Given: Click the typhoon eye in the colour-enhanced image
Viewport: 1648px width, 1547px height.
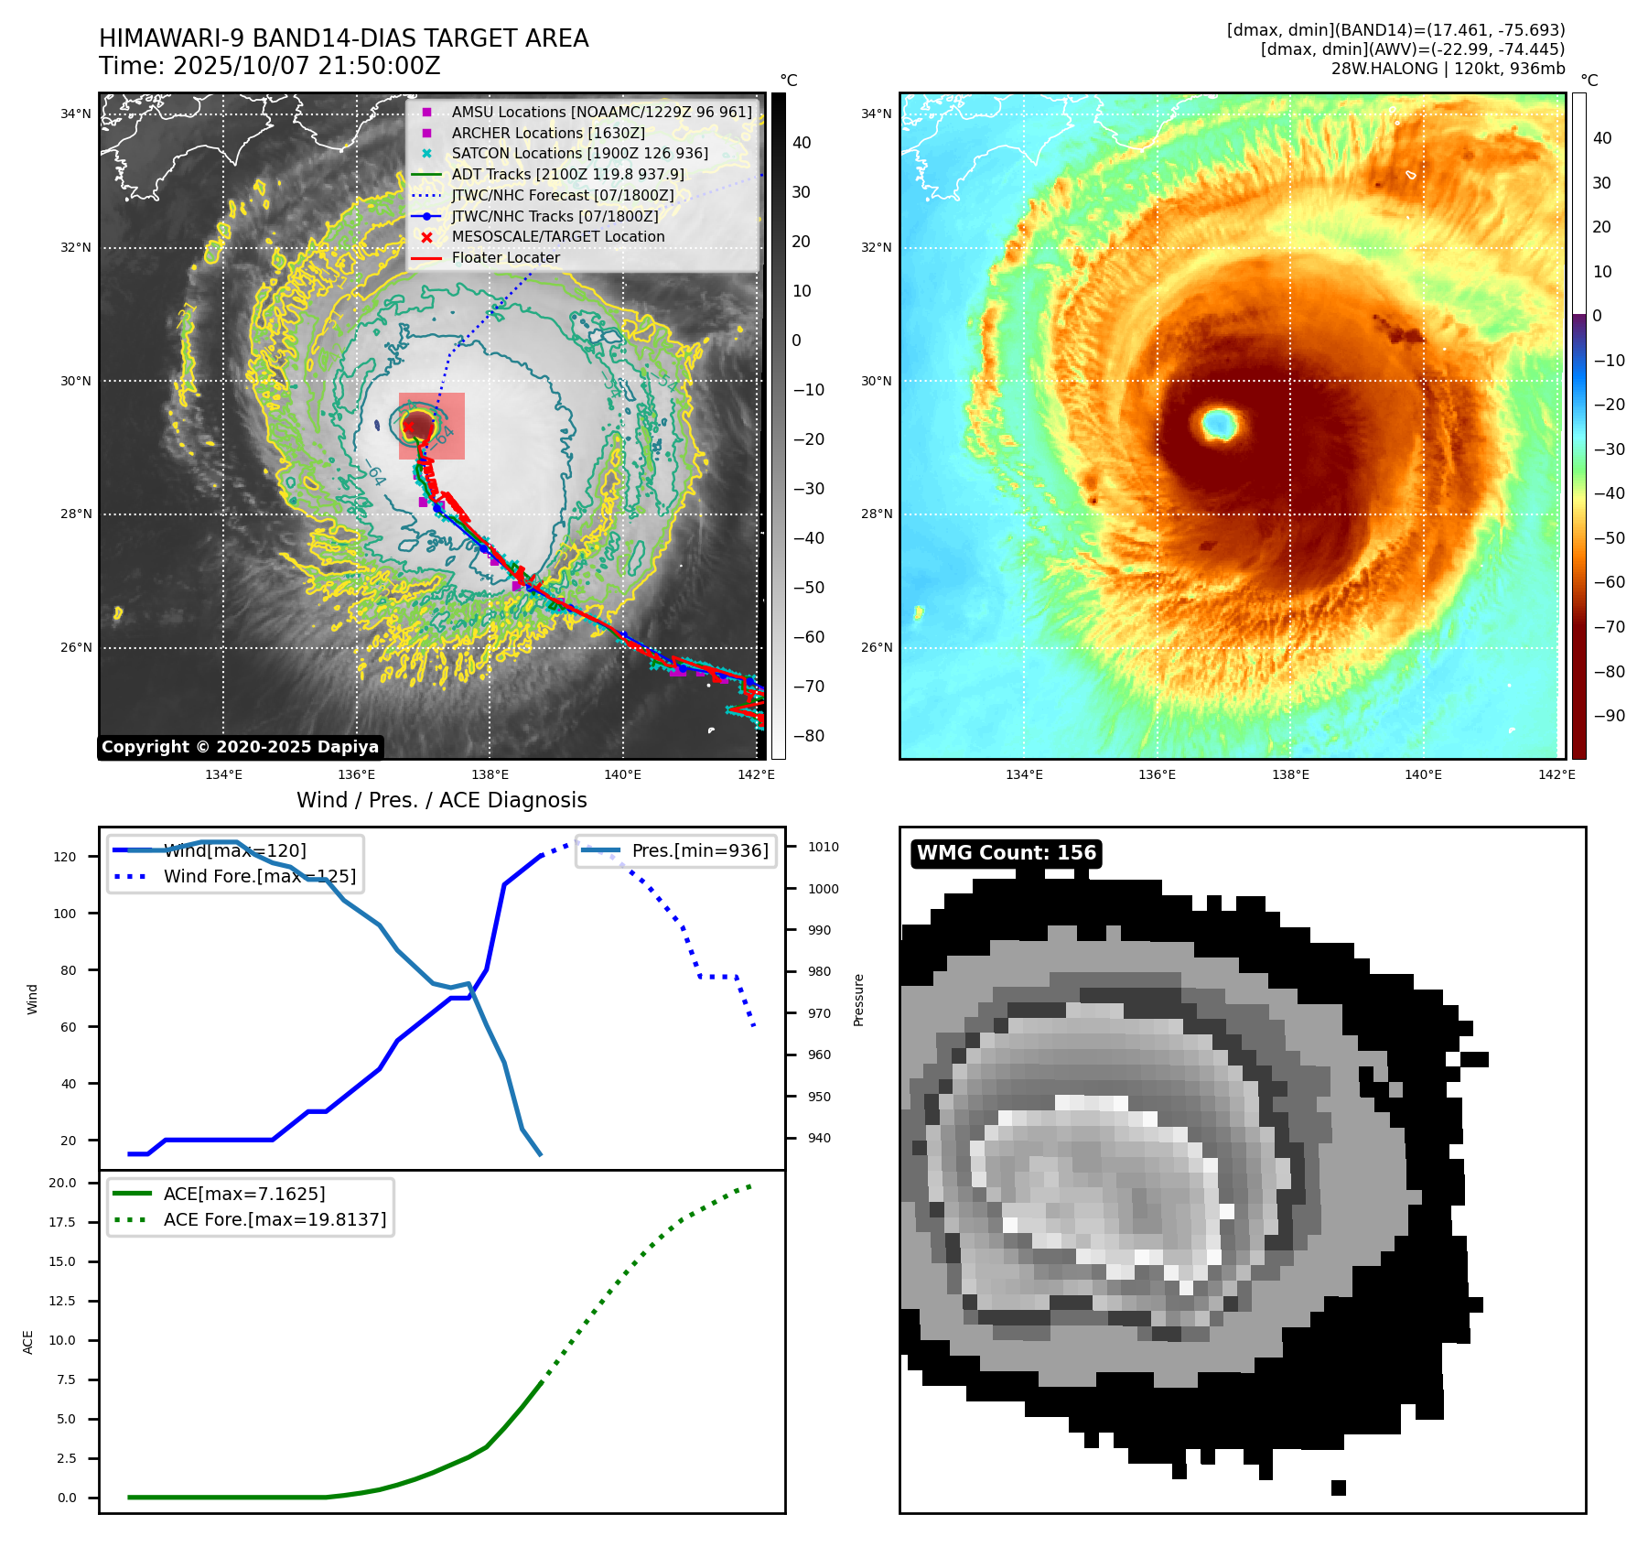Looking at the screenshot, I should [x=1219, y=424].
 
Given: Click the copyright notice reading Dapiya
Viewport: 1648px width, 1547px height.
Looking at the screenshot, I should [x=240, y=747].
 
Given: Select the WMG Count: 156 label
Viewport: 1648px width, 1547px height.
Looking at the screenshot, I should [x=1006, y=853].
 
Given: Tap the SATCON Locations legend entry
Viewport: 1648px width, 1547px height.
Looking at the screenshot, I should [x=579, y=154].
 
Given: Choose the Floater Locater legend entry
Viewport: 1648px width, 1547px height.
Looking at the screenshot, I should [x=505, y=258].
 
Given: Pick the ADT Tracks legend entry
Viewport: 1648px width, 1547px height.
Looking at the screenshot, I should [x=567, y=175].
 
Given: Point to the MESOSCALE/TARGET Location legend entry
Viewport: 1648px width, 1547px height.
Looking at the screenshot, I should [x=557, y=237].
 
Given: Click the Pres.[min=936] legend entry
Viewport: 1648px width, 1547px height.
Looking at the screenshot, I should [x=699, y=851].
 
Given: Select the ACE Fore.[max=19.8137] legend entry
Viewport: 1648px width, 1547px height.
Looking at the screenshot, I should [x=275, y=1220].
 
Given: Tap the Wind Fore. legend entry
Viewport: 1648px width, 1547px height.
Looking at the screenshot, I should [x=259, y=877].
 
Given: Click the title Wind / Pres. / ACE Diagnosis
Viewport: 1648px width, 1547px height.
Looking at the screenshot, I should [x=442, y=801].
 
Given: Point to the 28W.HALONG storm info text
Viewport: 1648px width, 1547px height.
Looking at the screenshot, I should [x=1448, y=70].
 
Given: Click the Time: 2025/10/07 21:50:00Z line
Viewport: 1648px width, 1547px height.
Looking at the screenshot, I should [x=270, y=67].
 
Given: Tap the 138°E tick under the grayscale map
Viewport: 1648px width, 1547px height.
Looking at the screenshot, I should [x=490, y=775].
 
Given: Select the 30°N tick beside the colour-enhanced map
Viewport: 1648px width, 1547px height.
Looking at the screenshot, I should [x=876, y=382].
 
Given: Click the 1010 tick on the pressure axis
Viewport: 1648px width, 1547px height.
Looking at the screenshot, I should [x=823, y=848].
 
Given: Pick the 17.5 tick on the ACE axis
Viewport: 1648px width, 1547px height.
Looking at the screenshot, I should [x=63, y=1223].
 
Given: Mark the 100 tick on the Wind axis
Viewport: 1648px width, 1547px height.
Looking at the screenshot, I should [x=65, y=914].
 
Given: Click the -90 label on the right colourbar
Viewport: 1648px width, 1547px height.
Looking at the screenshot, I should [x=1609, y=717].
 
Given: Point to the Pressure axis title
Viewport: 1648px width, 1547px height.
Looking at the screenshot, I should [x=859, y=1000].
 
